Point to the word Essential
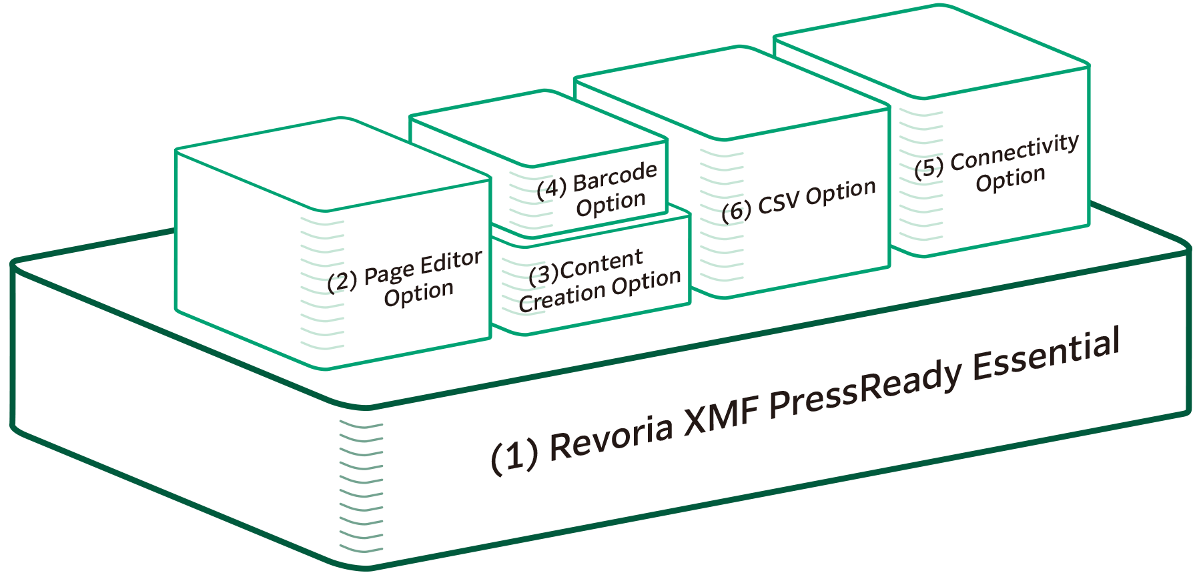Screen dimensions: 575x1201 [x=1046, y=355]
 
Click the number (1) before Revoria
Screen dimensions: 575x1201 [x=514, y=456]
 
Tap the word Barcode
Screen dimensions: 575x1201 [x=615, y=176]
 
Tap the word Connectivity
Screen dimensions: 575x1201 [x=1014, y=152]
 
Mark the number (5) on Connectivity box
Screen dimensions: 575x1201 [x=928, y=168]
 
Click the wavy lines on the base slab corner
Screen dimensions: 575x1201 [x=361, y=487]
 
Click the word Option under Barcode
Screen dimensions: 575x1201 [x=611, y=203]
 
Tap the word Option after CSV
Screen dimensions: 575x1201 [x=840, y=192]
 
